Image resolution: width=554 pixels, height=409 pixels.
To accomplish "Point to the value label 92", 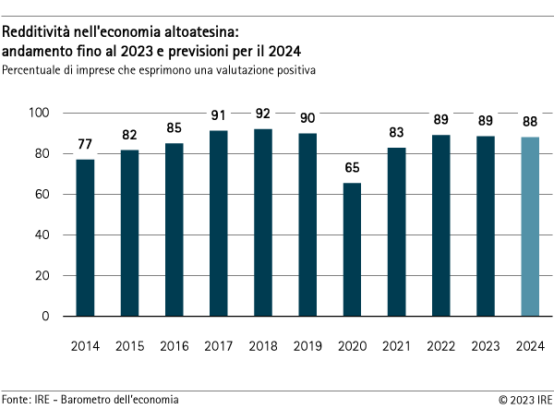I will (x=263, y=114).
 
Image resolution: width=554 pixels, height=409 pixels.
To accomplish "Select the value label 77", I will (x=85, y=145).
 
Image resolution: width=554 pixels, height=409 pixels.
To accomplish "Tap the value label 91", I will (x=219, y=116).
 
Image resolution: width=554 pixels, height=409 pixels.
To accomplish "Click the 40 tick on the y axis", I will (x=42, y=235).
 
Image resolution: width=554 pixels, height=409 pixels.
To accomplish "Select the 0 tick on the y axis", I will (x=45, y=317).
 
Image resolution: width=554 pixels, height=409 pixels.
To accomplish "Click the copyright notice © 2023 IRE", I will (x=525, y=399).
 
